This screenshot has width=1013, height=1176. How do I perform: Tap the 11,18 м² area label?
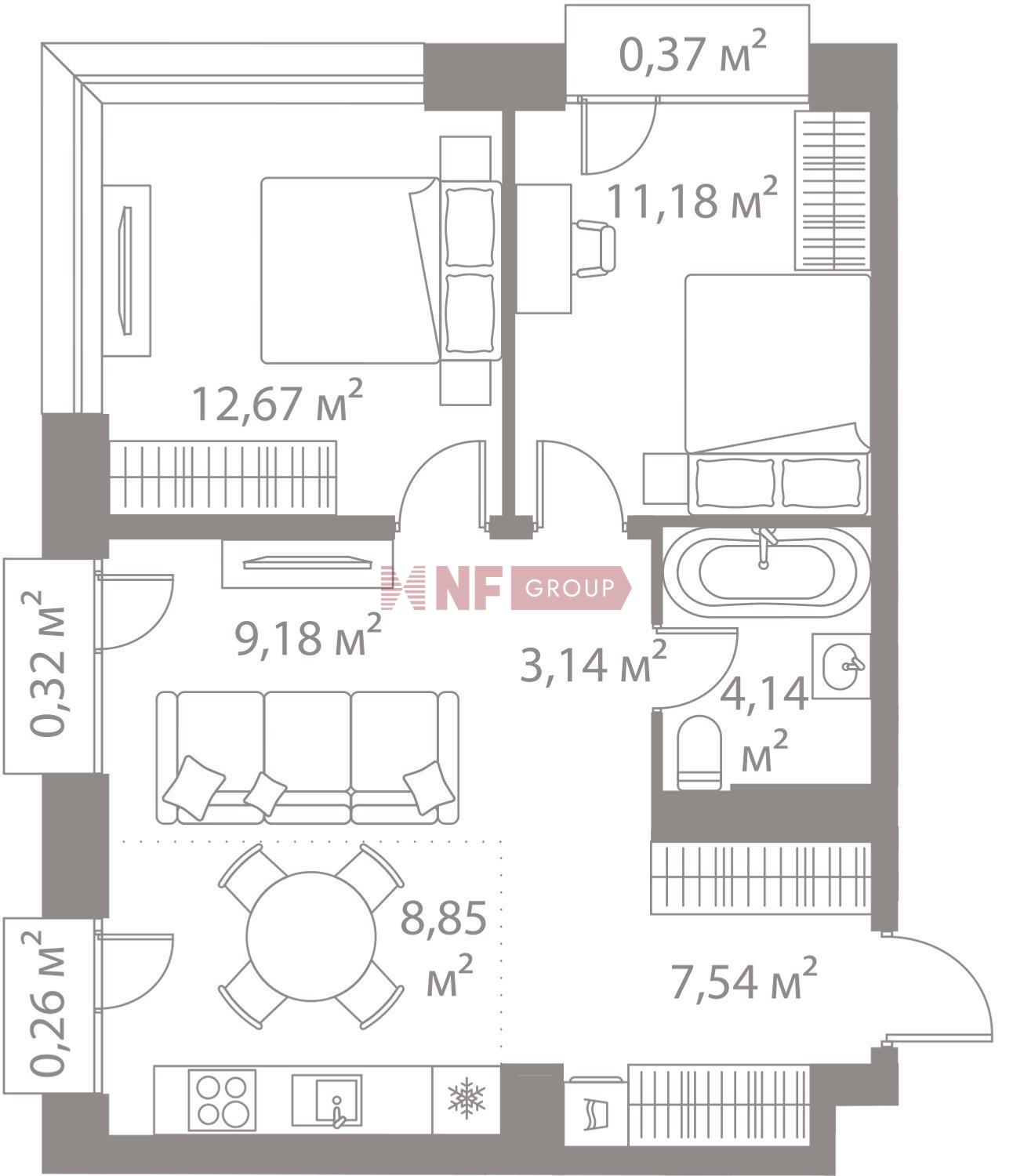[692, 198]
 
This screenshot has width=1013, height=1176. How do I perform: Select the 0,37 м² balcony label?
[692, 53]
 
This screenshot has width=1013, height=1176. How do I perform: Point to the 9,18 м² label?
[308, 635]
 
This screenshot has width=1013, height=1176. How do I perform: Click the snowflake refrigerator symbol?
[466, 1098]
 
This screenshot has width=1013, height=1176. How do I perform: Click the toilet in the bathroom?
[699, 752]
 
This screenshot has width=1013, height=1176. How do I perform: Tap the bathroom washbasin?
[841, 666]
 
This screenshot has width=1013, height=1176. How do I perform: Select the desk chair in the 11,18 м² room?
[594, 249]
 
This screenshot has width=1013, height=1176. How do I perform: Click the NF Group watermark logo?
[506, 588]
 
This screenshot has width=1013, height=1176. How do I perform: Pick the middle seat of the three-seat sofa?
[307, 757]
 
